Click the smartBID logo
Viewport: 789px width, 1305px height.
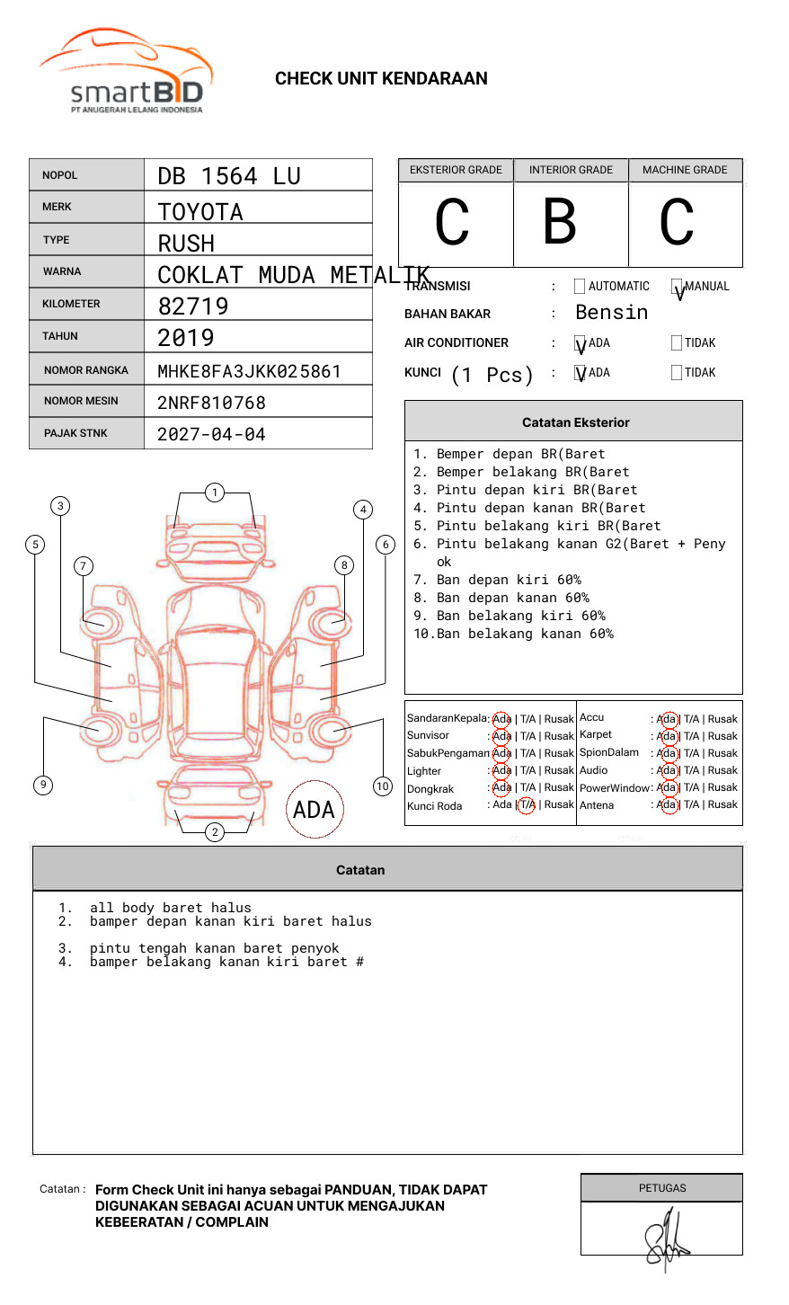tap(126, 72)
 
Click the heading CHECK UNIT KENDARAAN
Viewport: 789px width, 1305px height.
tap(381, 79)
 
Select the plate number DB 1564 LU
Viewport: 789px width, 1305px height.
tap(229, 176)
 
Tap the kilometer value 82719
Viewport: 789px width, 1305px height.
tap(193, 306)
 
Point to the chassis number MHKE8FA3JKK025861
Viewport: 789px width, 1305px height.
tap(249, 371)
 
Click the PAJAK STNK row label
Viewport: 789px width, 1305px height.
tap(75, 433)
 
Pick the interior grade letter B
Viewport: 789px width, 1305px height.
tap(560, 222)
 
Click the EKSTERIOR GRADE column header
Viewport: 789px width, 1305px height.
tap(456, 170)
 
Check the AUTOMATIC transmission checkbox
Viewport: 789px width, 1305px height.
tap(580, 287)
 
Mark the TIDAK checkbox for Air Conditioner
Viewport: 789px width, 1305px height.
tap(677, 343)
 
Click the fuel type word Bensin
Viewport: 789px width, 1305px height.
tap(611, 313)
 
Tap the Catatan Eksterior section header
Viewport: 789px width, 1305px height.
tap(575, 422)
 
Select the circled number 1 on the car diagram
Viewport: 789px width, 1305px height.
tap(214, 493)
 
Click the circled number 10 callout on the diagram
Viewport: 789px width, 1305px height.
tap(383, 786)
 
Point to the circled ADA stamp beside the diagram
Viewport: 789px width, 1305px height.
tap(314, 810)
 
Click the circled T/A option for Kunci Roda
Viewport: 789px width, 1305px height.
tap(527, 805)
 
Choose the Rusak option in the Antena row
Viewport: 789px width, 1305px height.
tap(723, 805)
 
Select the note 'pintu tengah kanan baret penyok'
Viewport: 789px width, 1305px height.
tap(214, 949)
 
